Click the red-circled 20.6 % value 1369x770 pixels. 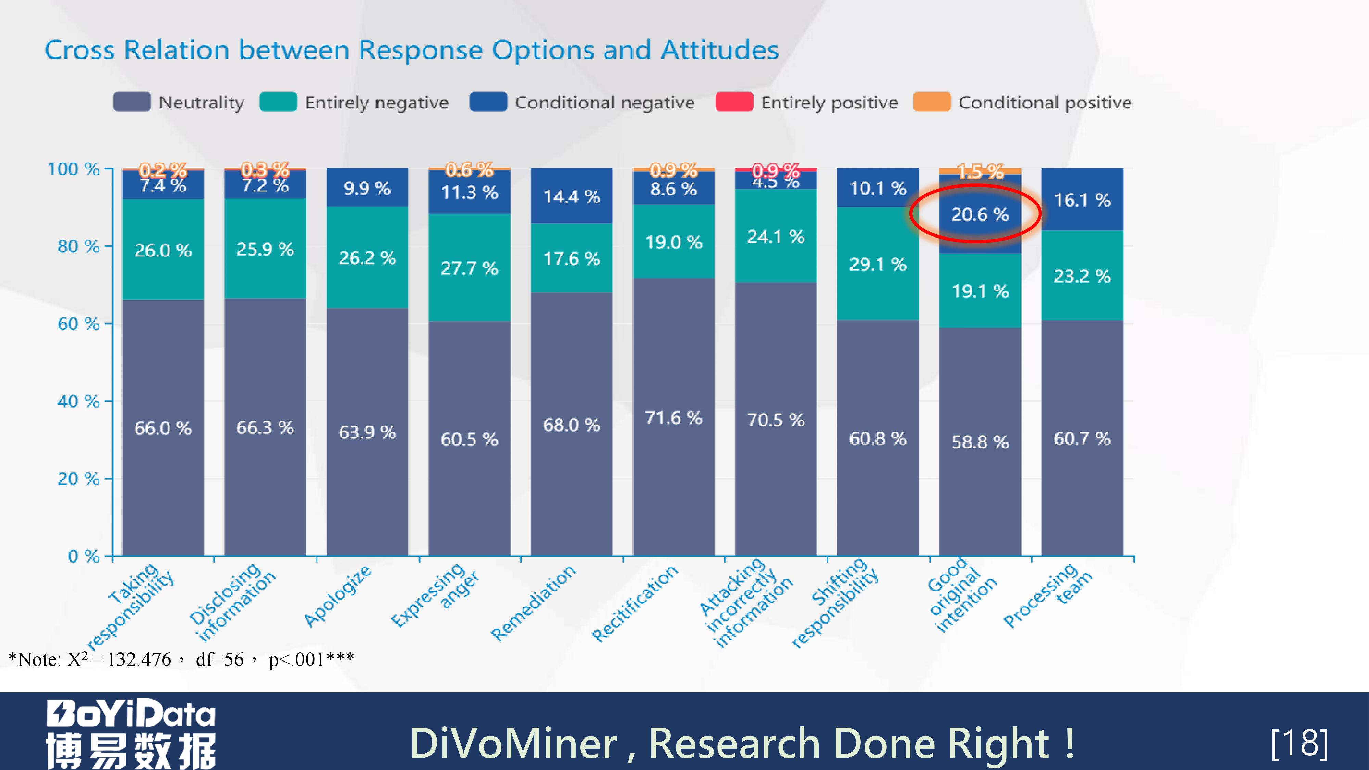980,215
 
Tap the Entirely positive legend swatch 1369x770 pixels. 734,102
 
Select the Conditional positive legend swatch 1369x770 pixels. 932,102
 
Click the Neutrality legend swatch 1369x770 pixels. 132,102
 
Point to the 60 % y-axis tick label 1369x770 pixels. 78,324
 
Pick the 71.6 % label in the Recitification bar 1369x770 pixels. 673,418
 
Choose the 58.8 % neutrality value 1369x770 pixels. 980,442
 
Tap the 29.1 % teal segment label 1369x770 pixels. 878,264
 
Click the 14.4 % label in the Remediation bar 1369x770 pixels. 571,197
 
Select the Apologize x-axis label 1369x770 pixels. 338,596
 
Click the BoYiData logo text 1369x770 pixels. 131,713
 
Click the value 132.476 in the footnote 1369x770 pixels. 139,659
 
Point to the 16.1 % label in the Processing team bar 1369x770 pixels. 1082,200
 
